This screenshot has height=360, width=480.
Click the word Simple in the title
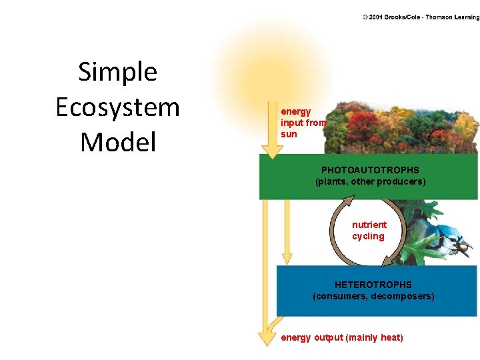117,72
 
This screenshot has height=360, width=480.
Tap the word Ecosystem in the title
117,107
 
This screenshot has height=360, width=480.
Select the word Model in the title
117,142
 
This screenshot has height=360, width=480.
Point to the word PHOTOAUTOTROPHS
370,170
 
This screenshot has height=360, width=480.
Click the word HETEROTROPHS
373,285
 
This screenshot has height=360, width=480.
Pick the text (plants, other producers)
370,181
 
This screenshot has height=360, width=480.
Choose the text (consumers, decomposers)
373,296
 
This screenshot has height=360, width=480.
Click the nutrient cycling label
369,231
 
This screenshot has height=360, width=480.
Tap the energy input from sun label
303,123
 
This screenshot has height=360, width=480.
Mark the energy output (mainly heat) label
342,337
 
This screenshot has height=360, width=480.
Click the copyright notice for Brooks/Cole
421,17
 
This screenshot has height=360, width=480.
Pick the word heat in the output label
390,337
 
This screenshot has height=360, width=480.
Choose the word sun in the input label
289,134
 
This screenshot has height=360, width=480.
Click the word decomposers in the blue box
403,296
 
